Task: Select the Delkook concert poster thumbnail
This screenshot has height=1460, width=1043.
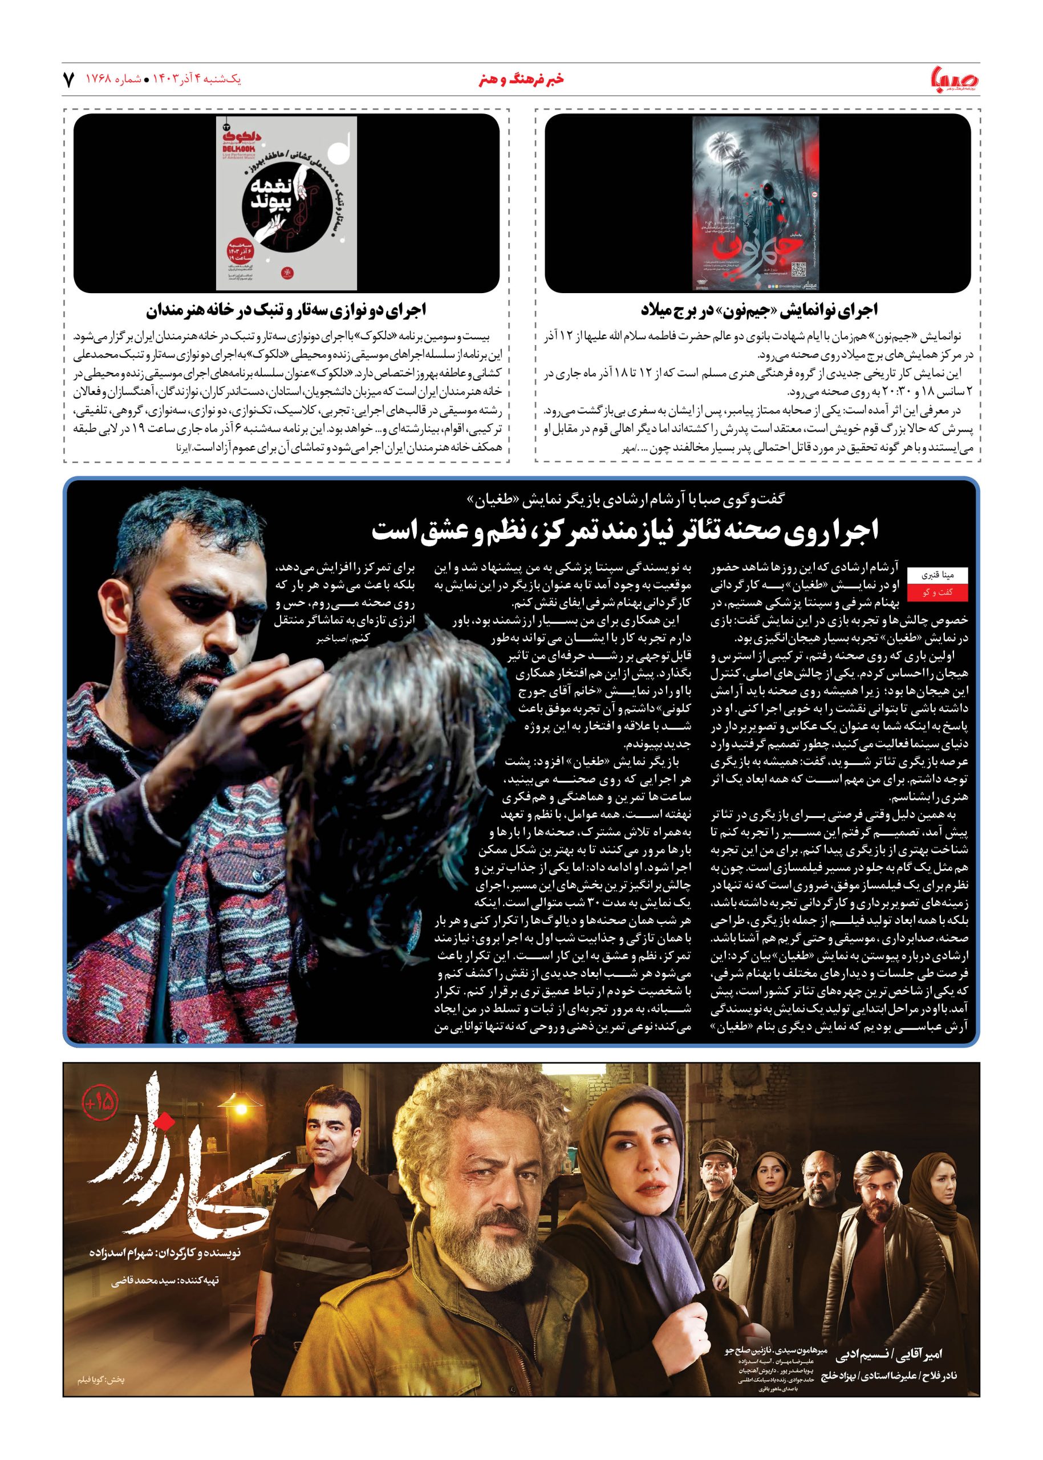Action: click(286, 203)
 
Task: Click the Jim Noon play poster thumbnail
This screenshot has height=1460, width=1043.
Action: click(757, 203)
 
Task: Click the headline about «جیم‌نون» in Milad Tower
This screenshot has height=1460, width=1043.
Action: click(757, 311)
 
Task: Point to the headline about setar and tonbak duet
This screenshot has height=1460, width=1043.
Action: click(286, 311)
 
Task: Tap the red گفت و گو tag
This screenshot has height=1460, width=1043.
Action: click(928, 595)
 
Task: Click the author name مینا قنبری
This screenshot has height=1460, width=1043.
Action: click(928, 575)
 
